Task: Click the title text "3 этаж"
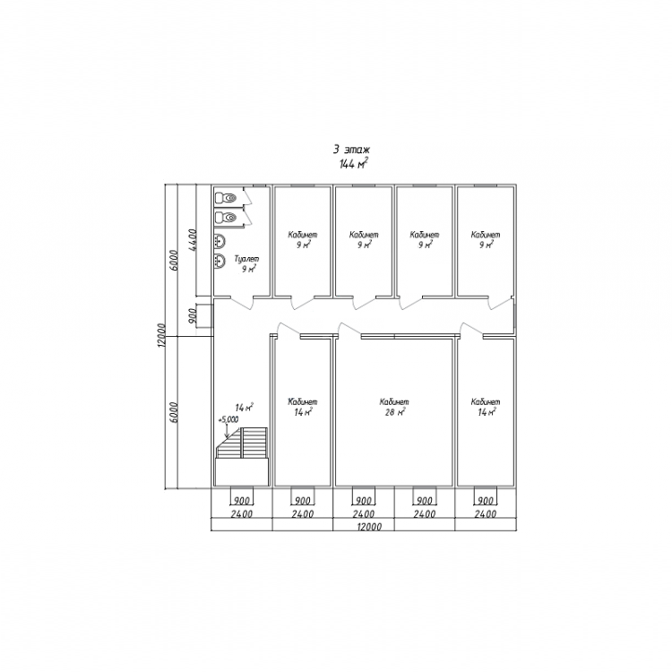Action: point(351,150)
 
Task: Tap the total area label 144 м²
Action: point(354,164)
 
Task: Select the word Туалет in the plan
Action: point(247,259)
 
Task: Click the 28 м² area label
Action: point(392,412)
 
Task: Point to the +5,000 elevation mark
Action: point(228,420)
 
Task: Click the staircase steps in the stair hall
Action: point(242,443)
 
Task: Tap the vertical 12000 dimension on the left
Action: point(160,335)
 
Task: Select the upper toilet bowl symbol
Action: point(226,198)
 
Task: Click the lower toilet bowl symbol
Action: point(226,218)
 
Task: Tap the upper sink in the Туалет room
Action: point(220,241)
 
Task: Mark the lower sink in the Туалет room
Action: point(220,261)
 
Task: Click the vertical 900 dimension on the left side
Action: point(192,316)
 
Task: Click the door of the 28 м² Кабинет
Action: point(349,328)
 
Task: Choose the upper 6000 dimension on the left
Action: point(174,260)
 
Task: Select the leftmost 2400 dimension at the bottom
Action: point(242,514)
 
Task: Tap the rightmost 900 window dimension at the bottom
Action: point(486,501)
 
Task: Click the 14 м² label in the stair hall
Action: point(245,407)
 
